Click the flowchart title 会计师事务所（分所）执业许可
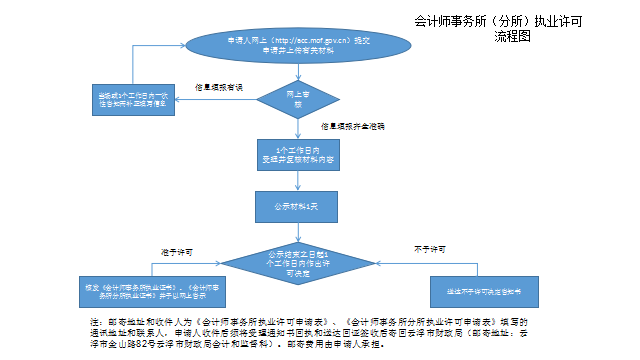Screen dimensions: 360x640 point(497,21)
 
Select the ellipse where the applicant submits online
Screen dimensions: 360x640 point(282,44)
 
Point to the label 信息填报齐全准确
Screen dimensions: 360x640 point(353,128)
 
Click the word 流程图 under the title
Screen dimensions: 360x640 point(510,34)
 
